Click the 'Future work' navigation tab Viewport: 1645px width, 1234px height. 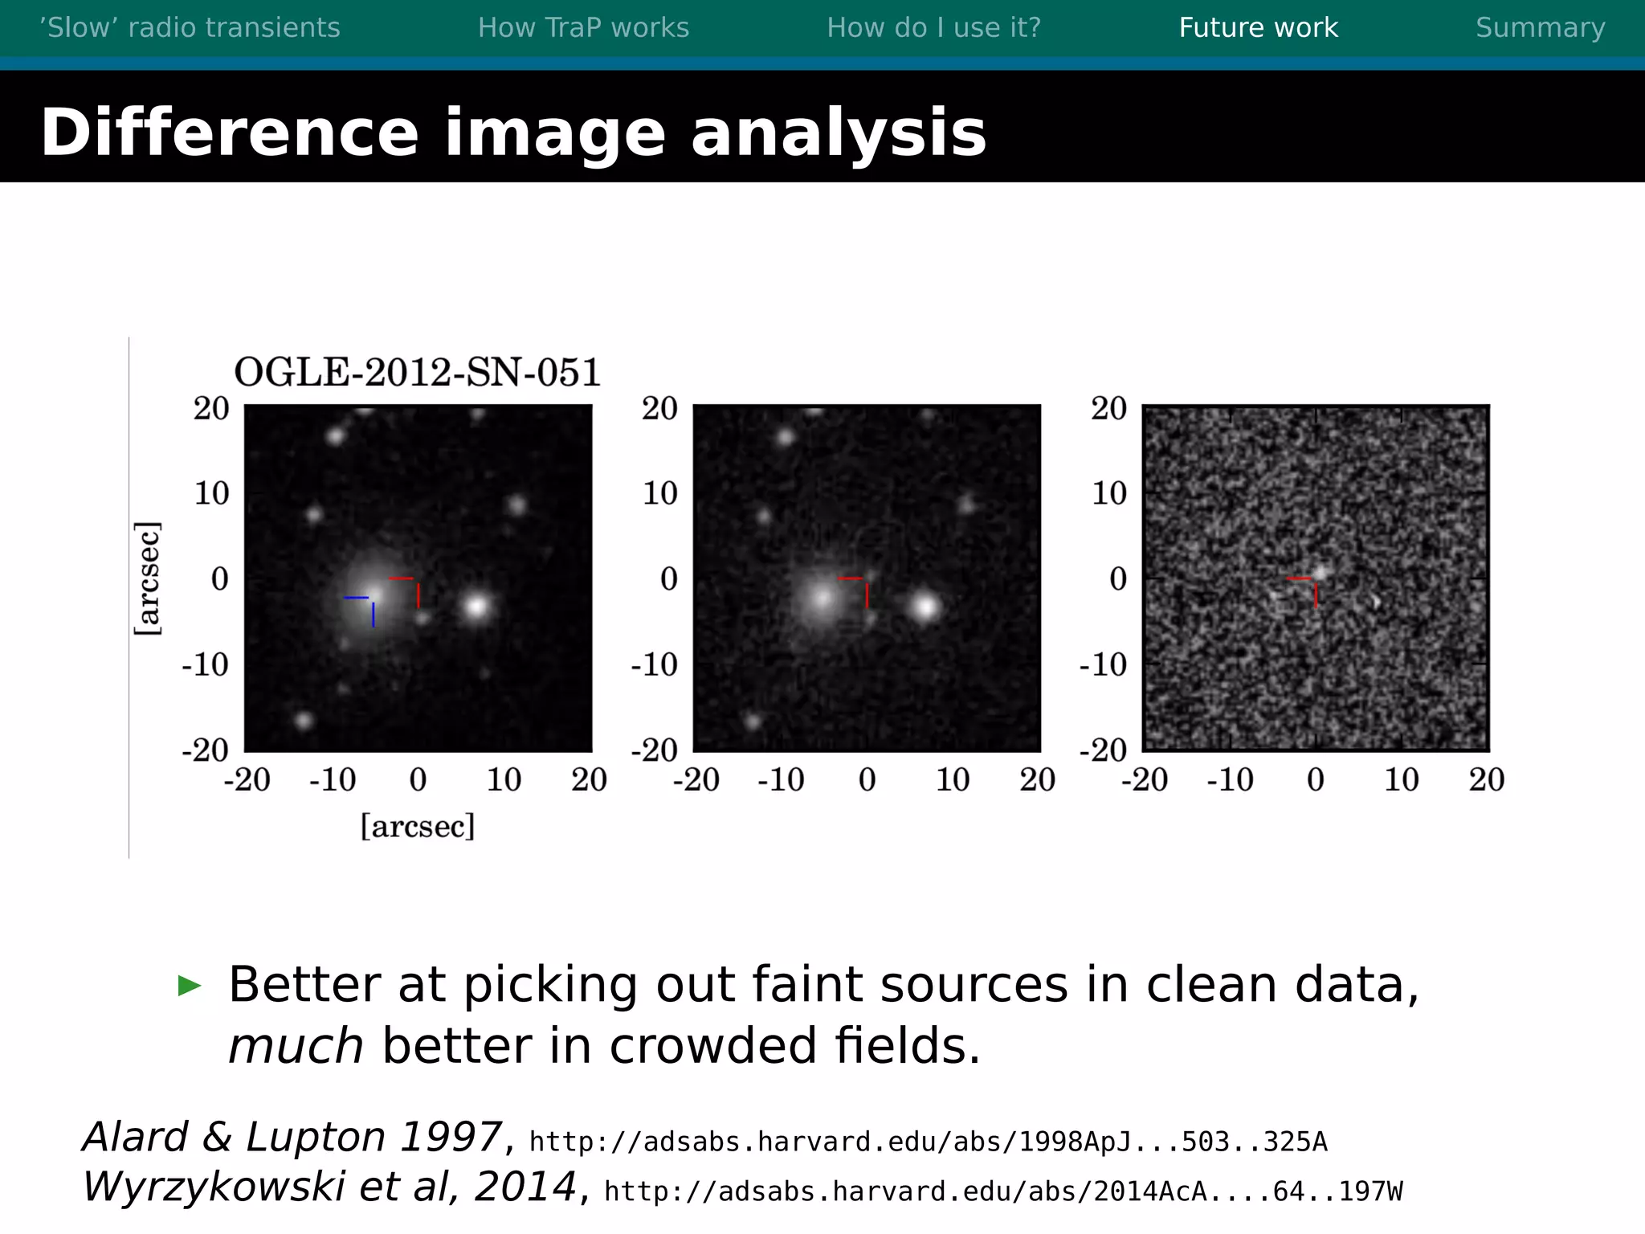(x=1258, y=28)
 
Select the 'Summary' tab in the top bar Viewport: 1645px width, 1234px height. (x=1540, y=28)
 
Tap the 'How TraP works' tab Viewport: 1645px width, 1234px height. (x=583, y=28)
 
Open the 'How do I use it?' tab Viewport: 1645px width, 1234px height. (x=933, y=28)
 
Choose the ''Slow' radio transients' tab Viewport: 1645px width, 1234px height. (x=190, y=28)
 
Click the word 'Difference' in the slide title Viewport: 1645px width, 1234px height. (x=230, y=133)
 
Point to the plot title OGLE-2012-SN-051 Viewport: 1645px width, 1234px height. (x=417, y=372)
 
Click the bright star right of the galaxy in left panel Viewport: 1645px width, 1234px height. (x=477, y=606)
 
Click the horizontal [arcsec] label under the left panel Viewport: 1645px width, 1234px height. (x=418, y=826)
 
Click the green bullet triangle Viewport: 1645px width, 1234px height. (x=190, y=985)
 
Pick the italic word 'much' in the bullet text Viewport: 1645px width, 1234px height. (x=296, y=1046)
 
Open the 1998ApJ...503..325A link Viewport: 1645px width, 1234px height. (x=928, y=1142)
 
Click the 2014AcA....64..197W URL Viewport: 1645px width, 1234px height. (x=1003, y=1191)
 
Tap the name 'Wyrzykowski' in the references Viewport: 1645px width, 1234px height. (x=215, y=1187)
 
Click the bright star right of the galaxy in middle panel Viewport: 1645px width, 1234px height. (x=926, y=607)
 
